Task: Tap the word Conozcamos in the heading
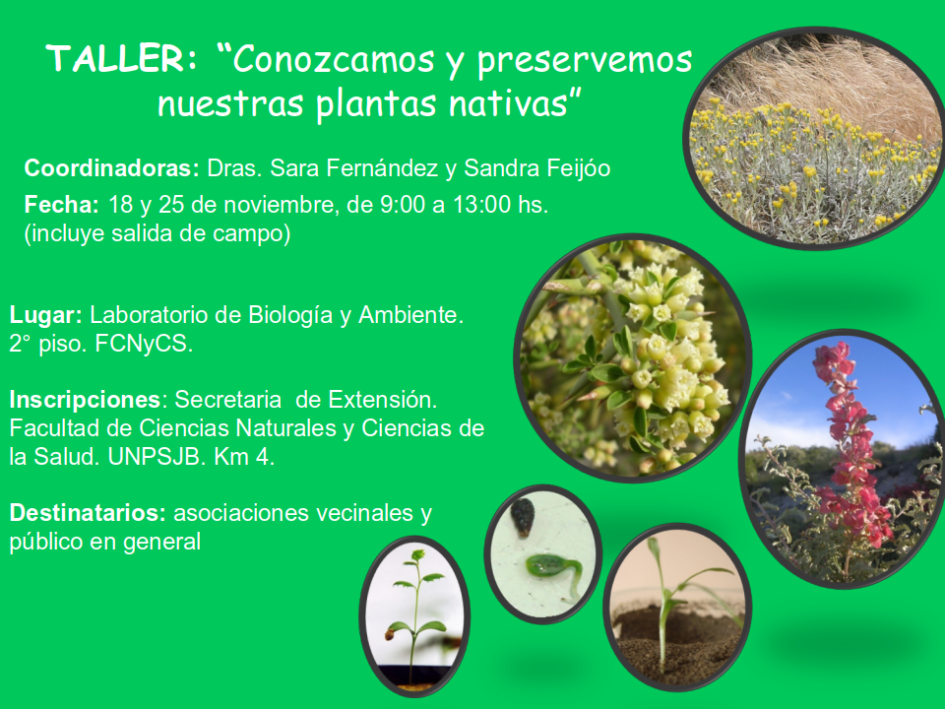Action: pyautogui.click(x=333, y=59)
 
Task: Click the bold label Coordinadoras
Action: pyautogui.click(x=111, y=167)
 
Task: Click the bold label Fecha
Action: pyautogui.click(x=61, y=205)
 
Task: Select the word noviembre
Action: pyautogui.click(x=278, y=205)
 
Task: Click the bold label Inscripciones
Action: pyautogui.click(x=85, y=400)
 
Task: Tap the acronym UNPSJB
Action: pyautogui.click(x=154, y=457)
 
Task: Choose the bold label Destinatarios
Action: pyautogui.click(x=88, y=513)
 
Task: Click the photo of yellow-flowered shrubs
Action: pyautogui.click(x=814, y=139)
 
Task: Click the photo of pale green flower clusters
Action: pyautogui.click(x=633, y=358)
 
